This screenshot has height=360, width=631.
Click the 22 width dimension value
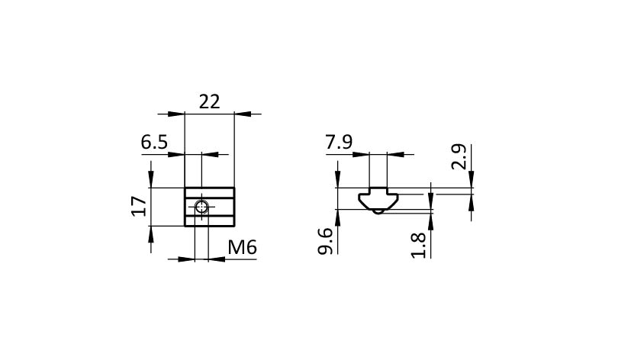click(210, 101)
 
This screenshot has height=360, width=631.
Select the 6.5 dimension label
click(154, 142)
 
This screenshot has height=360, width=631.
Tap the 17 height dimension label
click(139, 207)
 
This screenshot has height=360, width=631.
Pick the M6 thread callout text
click(243, 247)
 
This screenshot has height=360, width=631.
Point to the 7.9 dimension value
click(340, 142)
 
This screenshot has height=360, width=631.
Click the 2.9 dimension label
click(459, 157)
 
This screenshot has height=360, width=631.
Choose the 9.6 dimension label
click(325, 241)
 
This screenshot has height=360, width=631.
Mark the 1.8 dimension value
click(419, 245)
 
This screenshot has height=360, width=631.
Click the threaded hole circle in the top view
click(201, 207)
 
